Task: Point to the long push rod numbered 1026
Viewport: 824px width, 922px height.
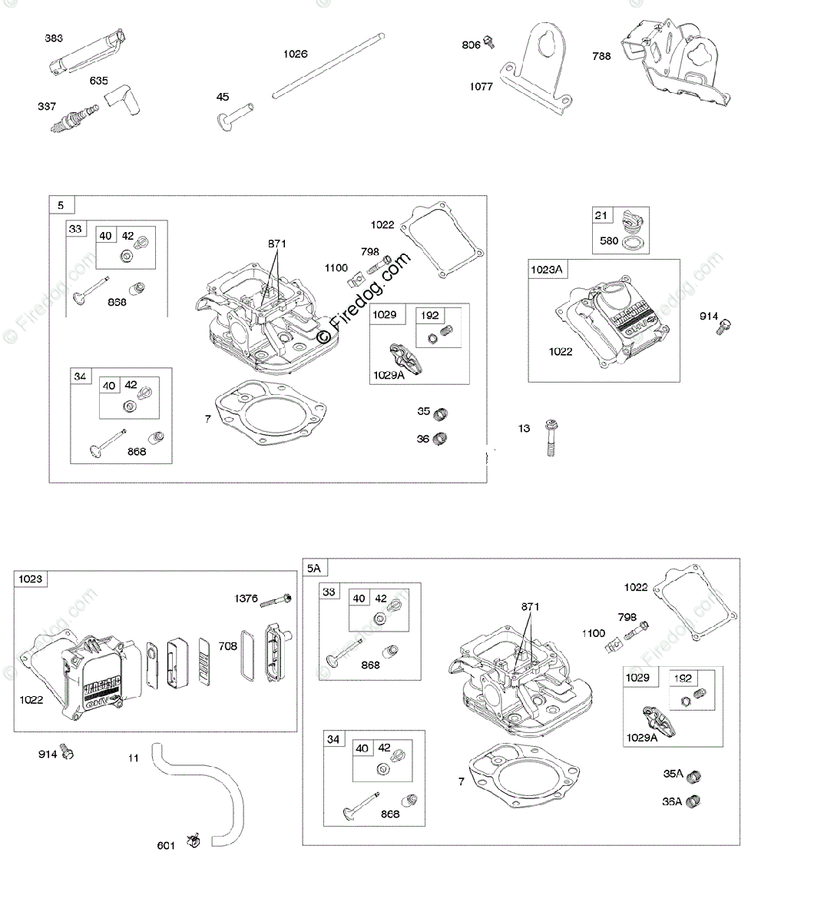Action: tap(329, 65)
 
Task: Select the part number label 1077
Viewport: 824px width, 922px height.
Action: tap(481, 87)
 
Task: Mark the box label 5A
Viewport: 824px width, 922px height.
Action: tap(313, 569)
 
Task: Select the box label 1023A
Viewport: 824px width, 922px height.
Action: tap(547, 270)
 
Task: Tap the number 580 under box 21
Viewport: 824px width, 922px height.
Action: tap(609, 240)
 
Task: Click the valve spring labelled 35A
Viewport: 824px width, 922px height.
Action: tap(694, 775)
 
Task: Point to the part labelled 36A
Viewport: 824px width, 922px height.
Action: tap(694, 801)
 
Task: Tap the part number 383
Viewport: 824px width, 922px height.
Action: tap(54, 38)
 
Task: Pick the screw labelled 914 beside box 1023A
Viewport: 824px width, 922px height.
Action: tap(723, 327)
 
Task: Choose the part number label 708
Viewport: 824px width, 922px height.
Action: tap(228, 647)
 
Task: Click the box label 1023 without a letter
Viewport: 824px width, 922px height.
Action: tap(31, 579)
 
